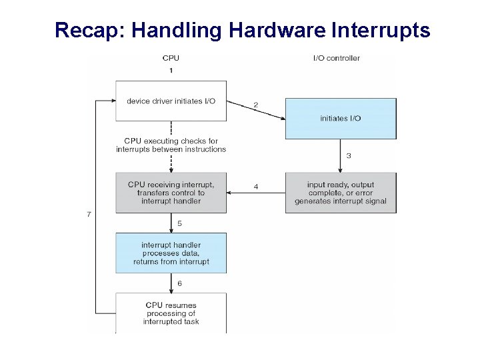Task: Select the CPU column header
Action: tap(171, 58)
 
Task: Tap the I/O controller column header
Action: tap(337, 58)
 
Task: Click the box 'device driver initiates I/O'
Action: tap(171, 101)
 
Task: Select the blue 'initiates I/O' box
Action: tap(340, 119)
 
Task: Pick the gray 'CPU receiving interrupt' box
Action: tap(171, 193)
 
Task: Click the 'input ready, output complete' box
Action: tap(340, 193)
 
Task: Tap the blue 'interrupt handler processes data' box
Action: tap(171, 253)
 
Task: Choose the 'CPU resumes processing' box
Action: tap(171, 313)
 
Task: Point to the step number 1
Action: tap(171, 70)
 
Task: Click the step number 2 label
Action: tap(255, 105)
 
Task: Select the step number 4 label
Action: tap(256, 187)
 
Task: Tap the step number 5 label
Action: tap(179, 223)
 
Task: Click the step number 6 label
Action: tap(179, 283)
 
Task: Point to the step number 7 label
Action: tap(89, 214)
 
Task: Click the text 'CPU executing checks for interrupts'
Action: tap(171, 145)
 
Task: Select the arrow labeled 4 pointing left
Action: tap(256, 193)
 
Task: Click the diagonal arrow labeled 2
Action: tap(256, 111)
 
